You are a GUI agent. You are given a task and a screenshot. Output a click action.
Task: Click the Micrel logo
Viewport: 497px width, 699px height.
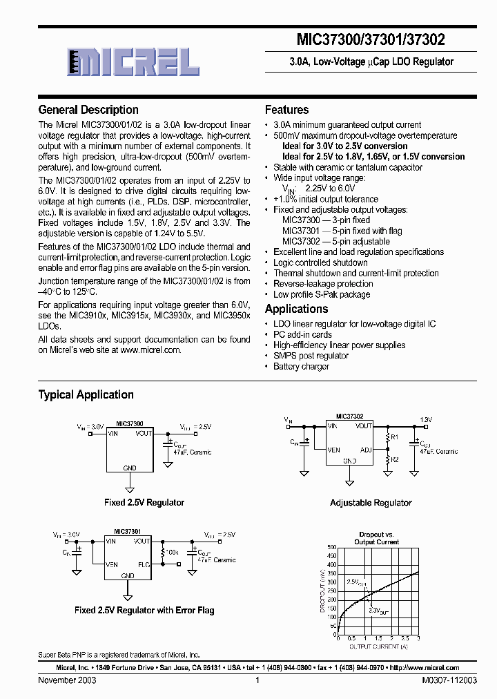pos(135,63)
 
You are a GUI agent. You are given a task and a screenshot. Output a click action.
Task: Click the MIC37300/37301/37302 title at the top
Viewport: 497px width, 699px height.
pos(371,40)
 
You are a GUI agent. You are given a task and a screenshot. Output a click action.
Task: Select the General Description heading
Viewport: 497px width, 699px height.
pos(88,110)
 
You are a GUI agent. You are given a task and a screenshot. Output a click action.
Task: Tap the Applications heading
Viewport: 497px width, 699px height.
pos(297,309)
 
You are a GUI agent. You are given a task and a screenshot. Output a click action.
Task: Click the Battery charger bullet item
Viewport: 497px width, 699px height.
pos(301,366)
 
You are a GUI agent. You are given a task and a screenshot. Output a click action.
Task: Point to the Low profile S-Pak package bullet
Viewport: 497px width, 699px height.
pos(322,294)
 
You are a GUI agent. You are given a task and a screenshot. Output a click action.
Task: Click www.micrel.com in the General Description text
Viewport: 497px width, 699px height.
pos(150,350)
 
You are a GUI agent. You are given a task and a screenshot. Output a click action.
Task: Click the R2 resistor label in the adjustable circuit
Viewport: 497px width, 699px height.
pos(394,459)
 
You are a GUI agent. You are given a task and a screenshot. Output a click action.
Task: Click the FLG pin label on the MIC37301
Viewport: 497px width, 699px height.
pos(143,564)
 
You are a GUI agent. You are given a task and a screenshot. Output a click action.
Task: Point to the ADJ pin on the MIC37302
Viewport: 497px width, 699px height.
pos(366,449)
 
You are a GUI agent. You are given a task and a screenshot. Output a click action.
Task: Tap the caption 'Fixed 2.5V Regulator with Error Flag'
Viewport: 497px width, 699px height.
pos(144,610)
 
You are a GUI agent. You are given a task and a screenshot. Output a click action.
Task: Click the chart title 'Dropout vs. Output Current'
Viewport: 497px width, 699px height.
pos(377,538)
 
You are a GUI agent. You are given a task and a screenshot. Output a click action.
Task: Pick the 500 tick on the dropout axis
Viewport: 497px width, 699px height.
pos(331,547)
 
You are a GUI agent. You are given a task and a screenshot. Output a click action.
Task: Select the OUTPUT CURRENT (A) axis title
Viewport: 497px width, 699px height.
pos(377,647)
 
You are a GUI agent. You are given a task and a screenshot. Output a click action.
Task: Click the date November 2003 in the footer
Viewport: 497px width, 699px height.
pos(67,680)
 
